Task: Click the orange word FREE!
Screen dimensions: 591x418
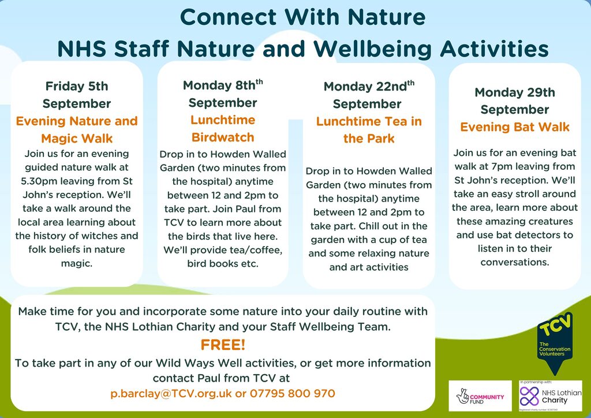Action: (x=223, y=345)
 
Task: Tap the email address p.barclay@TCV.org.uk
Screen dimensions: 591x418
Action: (x=171, y=394)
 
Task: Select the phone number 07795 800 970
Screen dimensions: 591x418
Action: (x=293, y=394)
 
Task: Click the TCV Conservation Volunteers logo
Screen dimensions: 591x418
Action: (x=555, y=342)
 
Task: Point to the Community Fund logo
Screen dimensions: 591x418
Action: (x=480, y=396)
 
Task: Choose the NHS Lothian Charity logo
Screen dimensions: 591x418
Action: (x=550, y=396)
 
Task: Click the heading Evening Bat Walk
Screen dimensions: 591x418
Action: (x=514, y=127)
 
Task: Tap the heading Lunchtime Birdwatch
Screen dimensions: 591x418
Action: (x=223, y=129)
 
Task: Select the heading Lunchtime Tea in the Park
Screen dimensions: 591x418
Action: (x=369, y=130)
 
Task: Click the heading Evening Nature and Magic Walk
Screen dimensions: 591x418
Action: (x=77, y=130)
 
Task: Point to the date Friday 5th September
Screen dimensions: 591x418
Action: (x=77, y=95)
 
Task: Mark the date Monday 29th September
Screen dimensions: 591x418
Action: (x=514, y=100)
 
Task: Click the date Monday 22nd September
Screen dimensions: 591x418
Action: (x=369, y=95)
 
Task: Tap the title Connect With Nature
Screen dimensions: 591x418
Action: (x=302, y=17)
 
